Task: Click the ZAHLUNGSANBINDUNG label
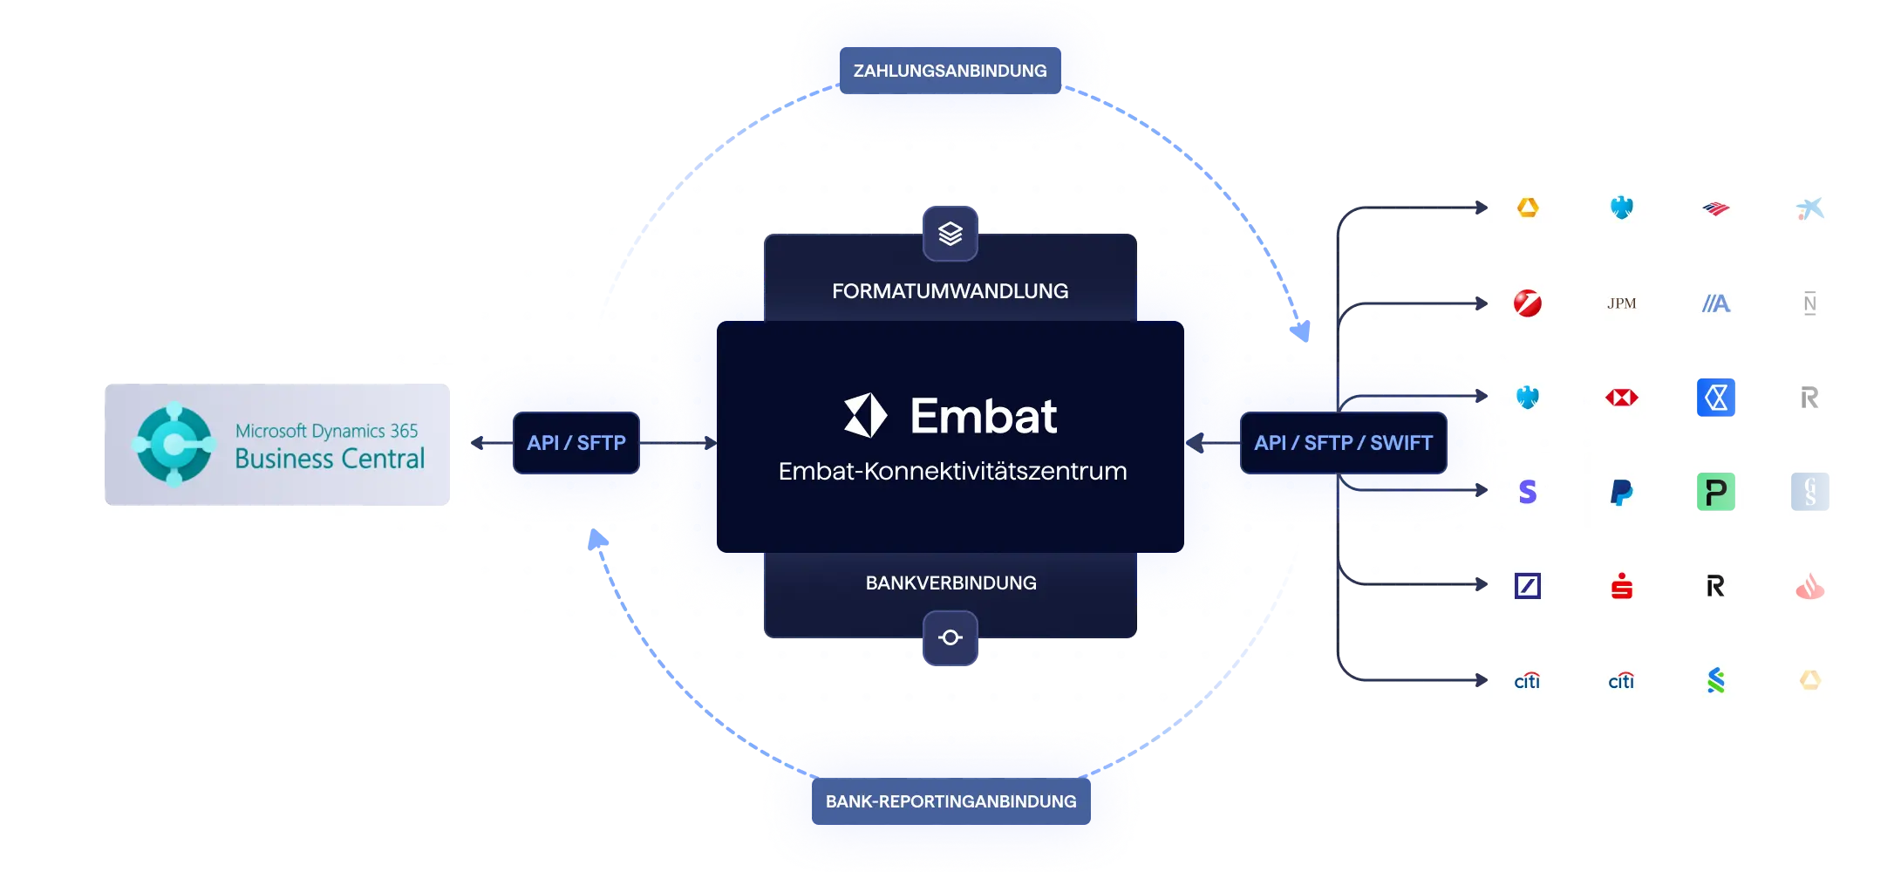[x=950, y=71]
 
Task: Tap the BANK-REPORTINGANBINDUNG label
[x=950, y=801]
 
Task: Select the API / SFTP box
[x=576, y=443]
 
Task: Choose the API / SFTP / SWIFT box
[x=1343, y=443]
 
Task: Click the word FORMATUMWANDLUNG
[x=950, y=291]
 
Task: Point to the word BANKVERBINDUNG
[x=951, y=582]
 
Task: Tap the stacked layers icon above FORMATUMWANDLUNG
[x=950, y=234]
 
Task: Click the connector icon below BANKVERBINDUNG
[x=950, y=637]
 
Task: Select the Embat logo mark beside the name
[x=865, y=415]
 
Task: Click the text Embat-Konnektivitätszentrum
[x=952, y=472]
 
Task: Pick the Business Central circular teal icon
[x=174, y=445]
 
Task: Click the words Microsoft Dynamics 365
[x=326, y=431]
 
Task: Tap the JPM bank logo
[x=1622, y=303]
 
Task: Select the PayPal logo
[x=1622, y=492]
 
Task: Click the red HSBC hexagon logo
[x=1622, y=398]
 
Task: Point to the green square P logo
[x=1716, y=492]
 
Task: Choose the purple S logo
[x=1528, y=492]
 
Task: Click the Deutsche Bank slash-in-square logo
[x=1528, y=586]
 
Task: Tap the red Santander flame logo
[x=1810, y=586]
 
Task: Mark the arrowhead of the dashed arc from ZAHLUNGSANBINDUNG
[x=1301, y=331]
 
